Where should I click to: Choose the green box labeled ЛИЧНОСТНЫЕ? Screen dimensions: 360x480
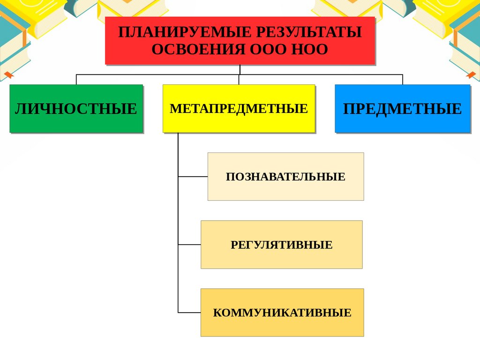tap(76, 109)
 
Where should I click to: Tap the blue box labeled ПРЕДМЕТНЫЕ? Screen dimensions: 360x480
tap(402, 109)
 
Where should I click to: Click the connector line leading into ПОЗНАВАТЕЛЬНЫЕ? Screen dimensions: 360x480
tap(193, 177)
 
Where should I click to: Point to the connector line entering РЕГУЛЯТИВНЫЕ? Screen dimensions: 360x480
tap(189, 245)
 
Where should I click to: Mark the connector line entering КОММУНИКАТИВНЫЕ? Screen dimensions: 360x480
tap(189, 313)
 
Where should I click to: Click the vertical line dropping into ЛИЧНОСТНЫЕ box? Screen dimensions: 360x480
tap(76, 79)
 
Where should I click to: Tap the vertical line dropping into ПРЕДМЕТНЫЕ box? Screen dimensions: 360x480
tap(402, 79)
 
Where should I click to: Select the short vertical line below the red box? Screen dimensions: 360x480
tap(240, 69)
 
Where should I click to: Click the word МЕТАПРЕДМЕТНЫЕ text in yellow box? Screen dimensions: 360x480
tap(239, 109)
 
